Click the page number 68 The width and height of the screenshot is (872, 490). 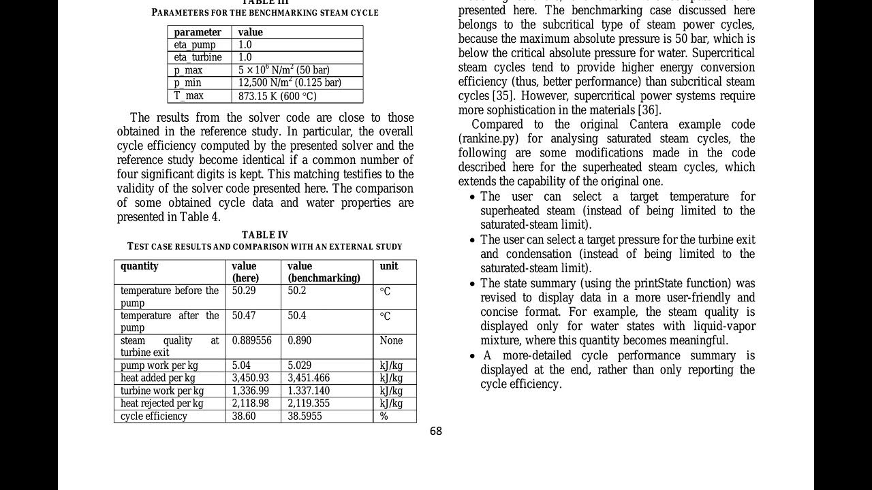tap(436, 431)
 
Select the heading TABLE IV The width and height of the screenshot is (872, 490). tap(265, 235)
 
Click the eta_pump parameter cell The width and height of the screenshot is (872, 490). tap(195, 45)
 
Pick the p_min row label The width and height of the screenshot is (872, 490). tap(187, 83)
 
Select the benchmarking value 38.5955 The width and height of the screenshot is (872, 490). tap(305, 416)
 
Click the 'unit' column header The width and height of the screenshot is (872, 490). tap(389, 266)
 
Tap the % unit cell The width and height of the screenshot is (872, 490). tap(384, 416)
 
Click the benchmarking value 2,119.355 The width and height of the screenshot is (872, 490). tap(309, 403)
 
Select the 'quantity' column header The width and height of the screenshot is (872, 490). tap(140, 266)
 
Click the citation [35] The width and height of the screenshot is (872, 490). tap(500, 96)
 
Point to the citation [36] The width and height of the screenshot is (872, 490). tap(649, 110)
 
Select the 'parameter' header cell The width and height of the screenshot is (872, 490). tap(198, 32)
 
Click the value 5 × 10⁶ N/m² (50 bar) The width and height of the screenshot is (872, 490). tap(283, 70)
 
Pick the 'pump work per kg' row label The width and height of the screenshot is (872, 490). tap(159, 365)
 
